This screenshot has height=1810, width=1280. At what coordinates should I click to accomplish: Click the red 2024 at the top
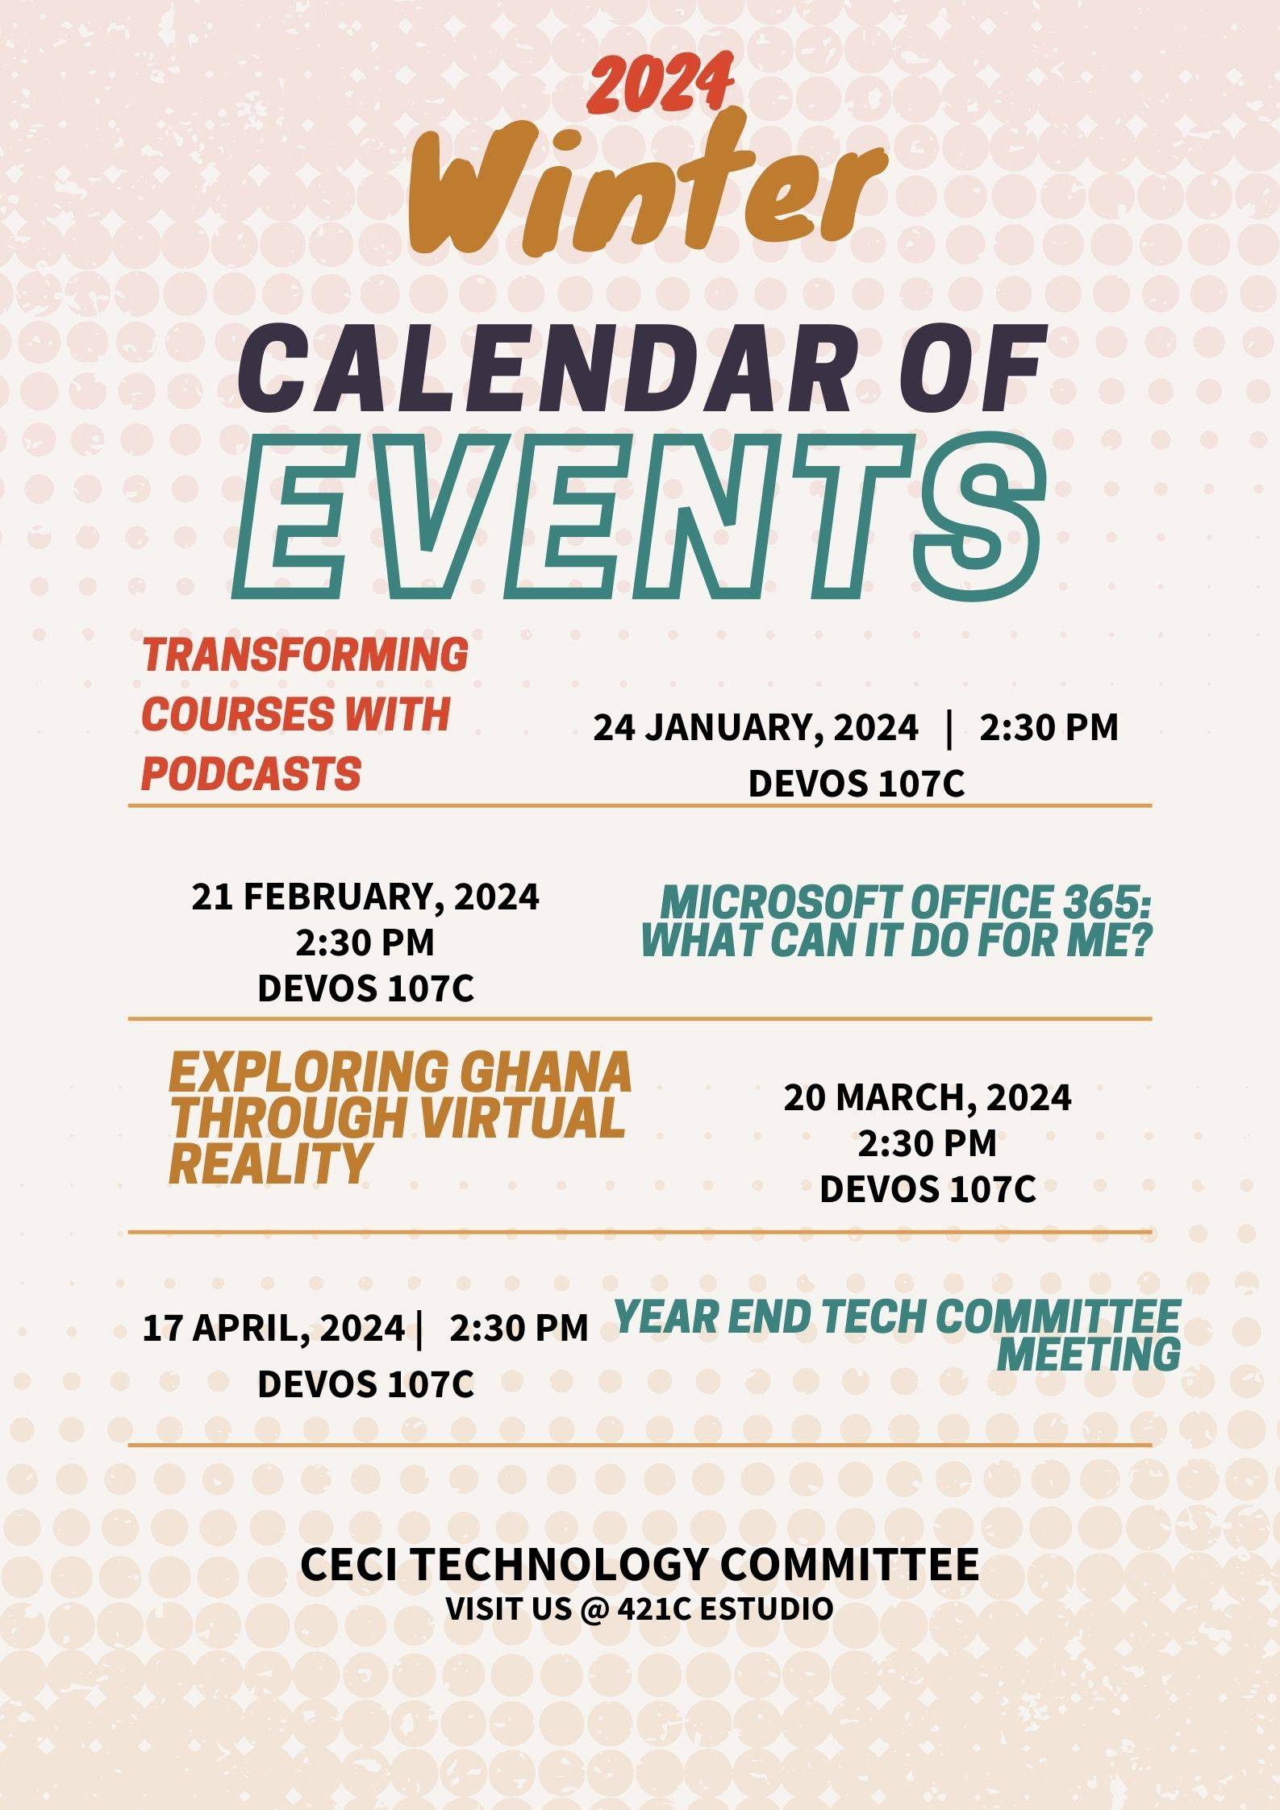[x=660, y=83]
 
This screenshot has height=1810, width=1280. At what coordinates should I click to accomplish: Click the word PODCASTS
[x=251, y=773]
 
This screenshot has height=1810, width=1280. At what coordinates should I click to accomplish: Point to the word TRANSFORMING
[x=305, y=654]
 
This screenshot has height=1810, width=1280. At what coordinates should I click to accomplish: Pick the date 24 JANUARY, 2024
[x=756, y=727]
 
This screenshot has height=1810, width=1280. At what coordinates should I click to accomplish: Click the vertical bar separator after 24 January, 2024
[x=949, y=727]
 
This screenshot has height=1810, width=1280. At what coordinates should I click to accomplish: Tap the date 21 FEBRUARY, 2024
[x=365, y=897]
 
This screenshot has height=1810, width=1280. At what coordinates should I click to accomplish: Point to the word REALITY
[x=270, y=1163]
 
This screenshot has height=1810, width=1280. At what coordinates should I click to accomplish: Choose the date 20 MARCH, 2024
[x=928, y=1097]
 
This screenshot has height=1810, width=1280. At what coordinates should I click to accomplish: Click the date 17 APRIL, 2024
[x=273, y=1328]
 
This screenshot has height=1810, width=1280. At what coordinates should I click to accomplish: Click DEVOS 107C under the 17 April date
[x=365, y=1384]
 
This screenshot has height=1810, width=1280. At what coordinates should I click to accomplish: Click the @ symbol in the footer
[x=592, y=1608]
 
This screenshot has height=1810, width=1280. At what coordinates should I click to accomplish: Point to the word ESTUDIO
[x=766, y=1608]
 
